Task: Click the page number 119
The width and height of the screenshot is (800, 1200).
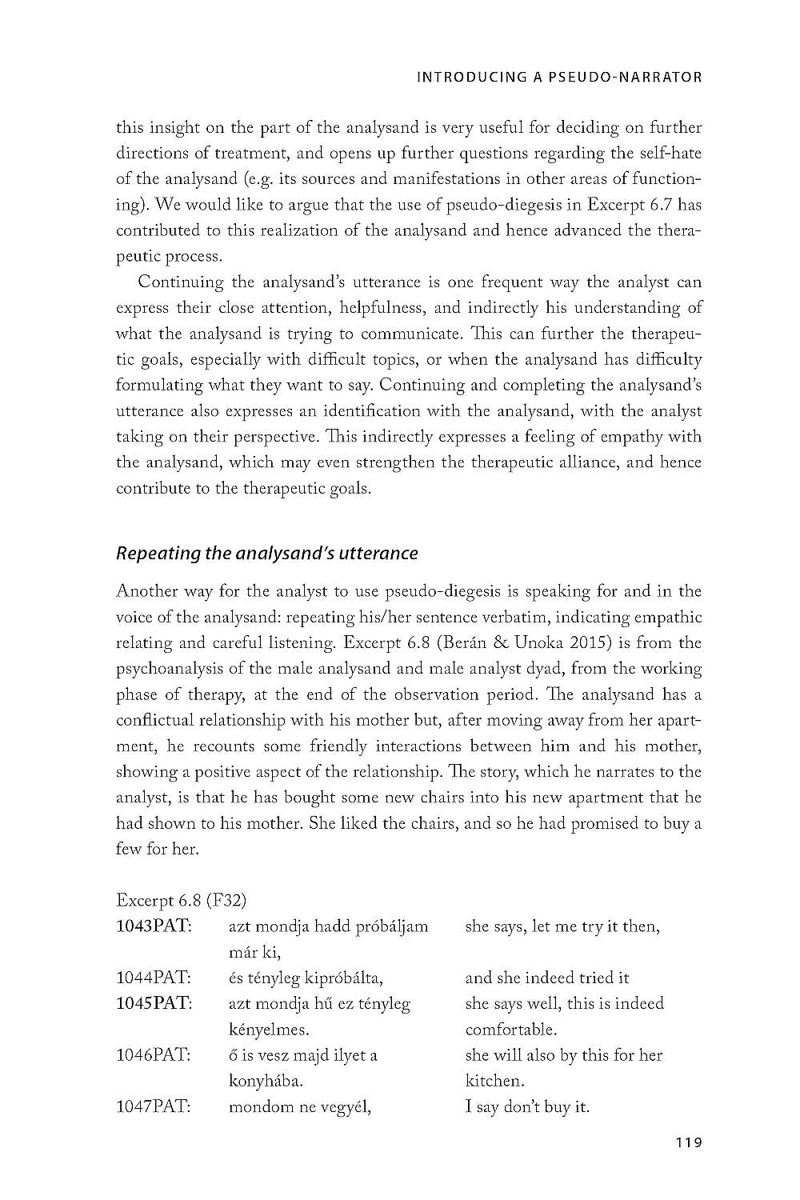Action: coord(688,1142)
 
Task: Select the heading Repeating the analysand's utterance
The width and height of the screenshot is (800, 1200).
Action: coord(267,553)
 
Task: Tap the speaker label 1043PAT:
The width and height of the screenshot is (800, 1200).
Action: coord(154,926)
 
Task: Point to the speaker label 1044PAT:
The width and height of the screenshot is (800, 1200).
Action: coord(154,978)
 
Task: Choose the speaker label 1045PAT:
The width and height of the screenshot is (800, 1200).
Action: coord(154,1003)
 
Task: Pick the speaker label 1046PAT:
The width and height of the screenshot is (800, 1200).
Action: coord(154,1055)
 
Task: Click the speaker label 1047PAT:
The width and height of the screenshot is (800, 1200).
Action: coord(154,1107)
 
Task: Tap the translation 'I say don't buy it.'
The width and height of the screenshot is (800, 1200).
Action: coord(527,1107)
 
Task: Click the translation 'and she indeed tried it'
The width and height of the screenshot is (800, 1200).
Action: coord(547,978)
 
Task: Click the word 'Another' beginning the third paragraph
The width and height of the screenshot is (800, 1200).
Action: coord(146,591)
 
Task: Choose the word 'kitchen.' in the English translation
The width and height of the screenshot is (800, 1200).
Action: coord(494,1081)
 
